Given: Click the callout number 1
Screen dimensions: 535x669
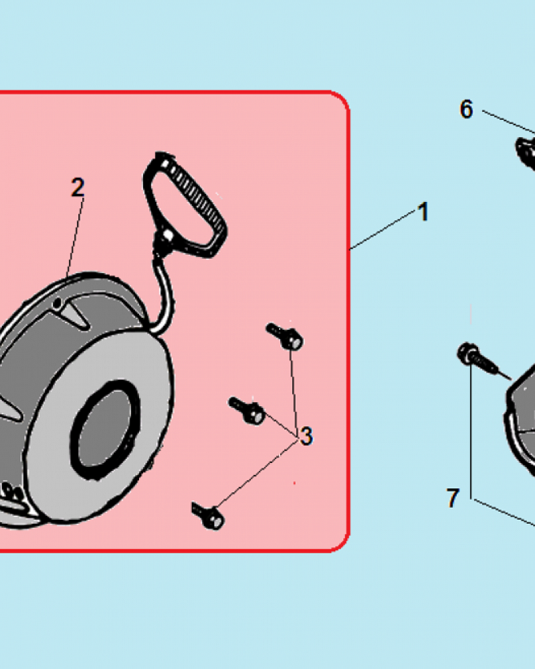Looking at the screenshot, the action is [x=423, y=211].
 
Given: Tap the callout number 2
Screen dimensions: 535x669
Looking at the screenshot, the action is [x=78, y=187].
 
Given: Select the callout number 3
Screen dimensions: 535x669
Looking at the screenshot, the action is [x=306, y=436].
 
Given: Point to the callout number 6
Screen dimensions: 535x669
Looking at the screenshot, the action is [x=466, y=109].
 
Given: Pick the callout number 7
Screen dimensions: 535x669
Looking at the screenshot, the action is [x=453, y=498].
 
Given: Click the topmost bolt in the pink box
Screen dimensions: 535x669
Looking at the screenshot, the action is [x=285, y=337].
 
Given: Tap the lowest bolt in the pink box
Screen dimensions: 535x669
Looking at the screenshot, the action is [x=208, y=515].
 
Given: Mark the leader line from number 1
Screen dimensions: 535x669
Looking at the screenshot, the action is [x=383, y=229].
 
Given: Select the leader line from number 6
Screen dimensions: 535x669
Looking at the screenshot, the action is [x=508, y=122].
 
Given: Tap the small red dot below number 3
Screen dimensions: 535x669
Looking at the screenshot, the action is [x=294, y=483].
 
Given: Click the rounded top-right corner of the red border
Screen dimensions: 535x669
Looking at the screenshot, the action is [x=342, y=99].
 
